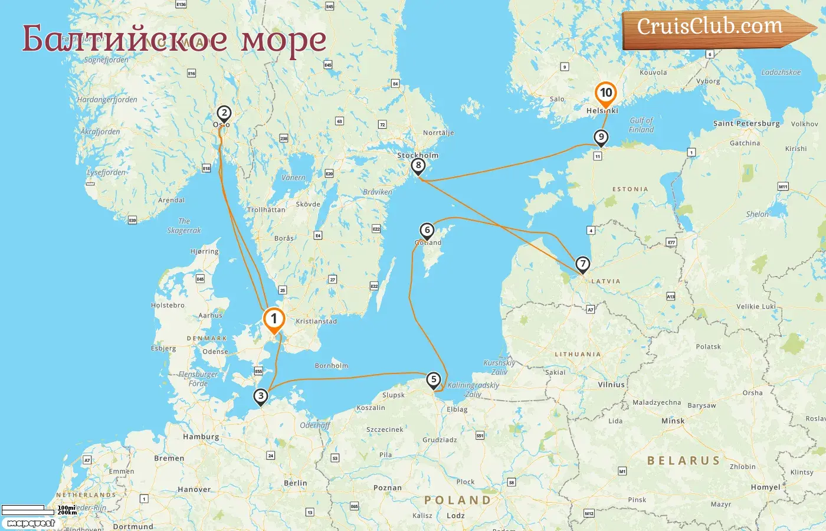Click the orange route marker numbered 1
point(274,319)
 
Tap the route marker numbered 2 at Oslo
point(224,113)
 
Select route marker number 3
point(261,396)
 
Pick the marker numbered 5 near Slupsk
point(434,379)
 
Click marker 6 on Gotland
point(427,230)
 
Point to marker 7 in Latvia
point(582,264)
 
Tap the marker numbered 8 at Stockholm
point(418,165)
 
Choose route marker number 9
point(601,137)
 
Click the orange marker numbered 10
point(605,93)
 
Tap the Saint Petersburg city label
point(746,123)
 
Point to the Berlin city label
point(296,483)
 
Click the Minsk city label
point(673,421)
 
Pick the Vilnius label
point(611,384)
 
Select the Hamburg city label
point(201,437)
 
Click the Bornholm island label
point(332,366)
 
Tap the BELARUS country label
point(683,461)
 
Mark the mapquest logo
point(31,523)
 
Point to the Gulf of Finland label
point(641,125)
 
